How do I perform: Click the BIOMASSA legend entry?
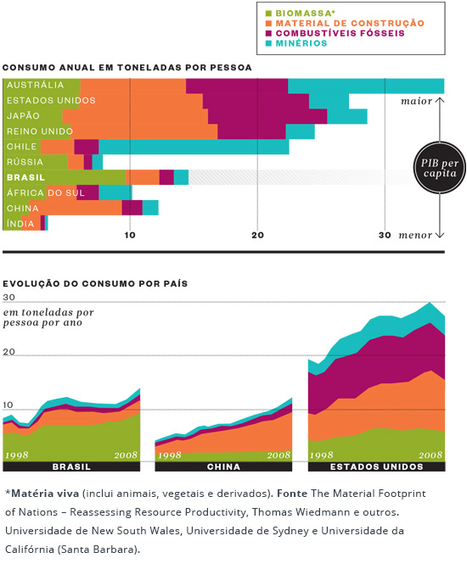[300, 13]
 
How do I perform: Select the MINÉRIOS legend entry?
[296, 43]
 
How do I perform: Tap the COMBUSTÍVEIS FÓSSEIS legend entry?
[335, 33]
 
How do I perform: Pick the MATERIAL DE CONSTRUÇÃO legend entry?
[345, 23]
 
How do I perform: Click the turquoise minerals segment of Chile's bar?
[194, 147]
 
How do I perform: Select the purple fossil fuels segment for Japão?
[267, 116]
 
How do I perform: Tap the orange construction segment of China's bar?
[76, 208]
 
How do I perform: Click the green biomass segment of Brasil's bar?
[65, 177]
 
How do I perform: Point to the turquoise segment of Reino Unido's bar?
[300, 131]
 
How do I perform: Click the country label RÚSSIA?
[25, 162]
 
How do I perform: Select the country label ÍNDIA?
[20, 224]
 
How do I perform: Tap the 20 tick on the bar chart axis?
[257, 235]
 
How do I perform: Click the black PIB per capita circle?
[440, 167]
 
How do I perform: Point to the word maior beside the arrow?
[417, 101]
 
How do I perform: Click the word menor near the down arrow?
[415, 235]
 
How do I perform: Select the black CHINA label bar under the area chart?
[223, 466]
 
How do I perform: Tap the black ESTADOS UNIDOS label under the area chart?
[376, 466]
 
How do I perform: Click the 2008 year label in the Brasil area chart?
[126, 455]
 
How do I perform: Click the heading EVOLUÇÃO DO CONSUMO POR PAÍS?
[95, 283]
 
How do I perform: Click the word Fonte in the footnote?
[292, 494]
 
